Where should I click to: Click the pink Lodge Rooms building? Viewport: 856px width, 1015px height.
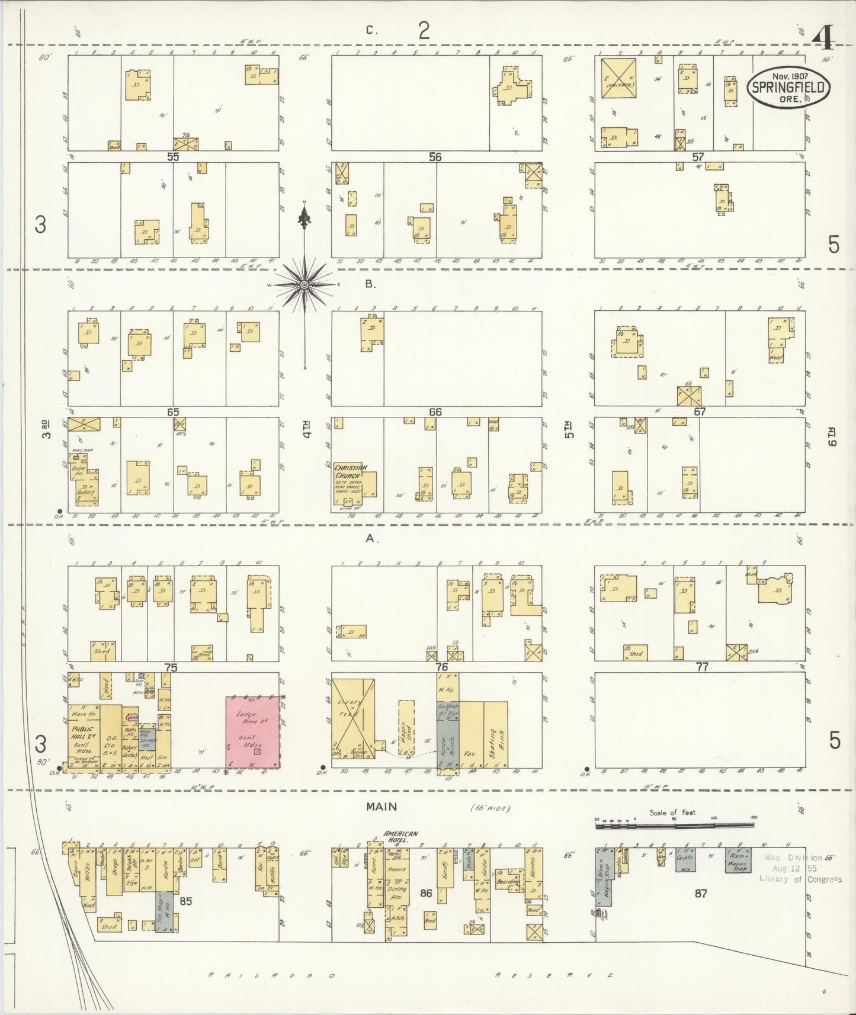(x=253, y=732)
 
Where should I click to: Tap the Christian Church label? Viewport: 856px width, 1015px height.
(x=351, y=471)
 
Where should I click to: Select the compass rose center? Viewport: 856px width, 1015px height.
(x=304, y=285)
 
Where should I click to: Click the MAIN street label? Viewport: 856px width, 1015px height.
(x=381, y=807)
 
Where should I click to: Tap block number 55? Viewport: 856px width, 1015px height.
(x=173, y=157)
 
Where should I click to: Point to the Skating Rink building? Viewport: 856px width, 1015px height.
(x=495, y=734)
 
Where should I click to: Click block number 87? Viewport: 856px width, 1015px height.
(x=701, y=893)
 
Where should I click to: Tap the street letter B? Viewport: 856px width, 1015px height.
(x=370, y=284)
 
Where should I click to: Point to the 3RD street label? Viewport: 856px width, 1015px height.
(x=47, y=429)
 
